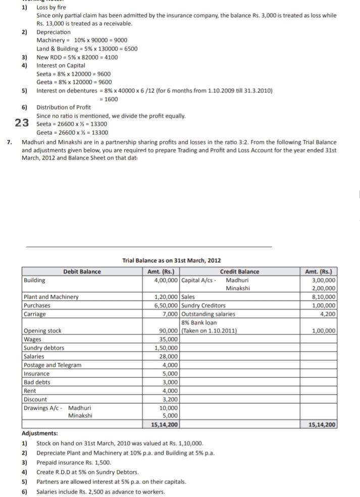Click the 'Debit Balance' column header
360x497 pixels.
point(82,271)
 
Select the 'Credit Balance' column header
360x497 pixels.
point(239,271)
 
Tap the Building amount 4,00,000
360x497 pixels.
point(166,280)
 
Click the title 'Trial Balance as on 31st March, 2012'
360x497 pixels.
point(172,260)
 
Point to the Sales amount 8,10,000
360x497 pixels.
point(324,297)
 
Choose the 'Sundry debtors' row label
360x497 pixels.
point(44,348)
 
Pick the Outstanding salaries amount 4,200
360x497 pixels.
point(329,314)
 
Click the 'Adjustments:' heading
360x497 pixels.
point(40,433)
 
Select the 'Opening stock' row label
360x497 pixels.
point(42,331)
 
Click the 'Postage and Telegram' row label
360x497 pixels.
point(52,365)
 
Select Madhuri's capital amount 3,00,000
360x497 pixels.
point(324,280)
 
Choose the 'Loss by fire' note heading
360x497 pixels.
point(51,8)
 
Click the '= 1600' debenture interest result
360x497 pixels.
point(111,99)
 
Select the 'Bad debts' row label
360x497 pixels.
point(37,382)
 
